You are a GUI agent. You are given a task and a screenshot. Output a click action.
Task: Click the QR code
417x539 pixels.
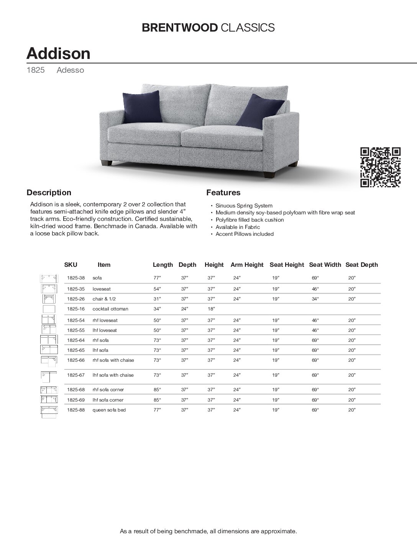[x=381, y=167]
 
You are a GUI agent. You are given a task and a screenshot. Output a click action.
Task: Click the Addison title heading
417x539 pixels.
[x=58, y=53]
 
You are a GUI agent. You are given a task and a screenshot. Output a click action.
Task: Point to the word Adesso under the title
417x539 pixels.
[x=70, y=70]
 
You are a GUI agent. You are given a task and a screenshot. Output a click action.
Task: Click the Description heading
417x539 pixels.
[x=49, y=193]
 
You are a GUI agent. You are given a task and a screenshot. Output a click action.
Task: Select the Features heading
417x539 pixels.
[x=223, y=193]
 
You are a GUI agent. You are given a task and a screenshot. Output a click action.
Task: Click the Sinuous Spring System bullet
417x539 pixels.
[x=244, y=206]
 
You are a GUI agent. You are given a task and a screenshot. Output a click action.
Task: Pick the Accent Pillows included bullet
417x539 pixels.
[x=245, y=234]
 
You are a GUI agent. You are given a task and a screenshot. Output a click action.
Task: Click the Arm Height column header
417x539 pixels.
[x=247, y=265]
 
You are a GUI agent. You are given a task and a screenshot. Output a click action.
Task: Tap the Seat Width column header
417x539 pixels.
[x=325, y=265]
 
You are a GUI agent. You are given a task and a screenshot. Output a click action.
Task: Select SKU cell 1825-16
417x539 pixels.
[x=76, y=309]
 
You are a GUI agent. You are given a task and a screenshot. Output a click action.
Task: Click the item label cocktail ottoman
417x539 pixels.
[x=110, y=309]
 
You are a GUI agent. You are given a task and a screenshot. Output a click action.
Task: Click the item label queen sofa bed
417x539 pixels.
[x=109, y=410]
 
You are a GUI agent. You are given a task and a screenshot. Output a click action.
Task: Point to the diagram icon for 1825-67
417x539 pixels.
[x=49, y=376]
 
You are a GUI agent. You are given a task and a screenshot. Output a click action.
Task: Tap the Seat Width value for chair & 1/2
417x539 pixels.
[x=315, y=299]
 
